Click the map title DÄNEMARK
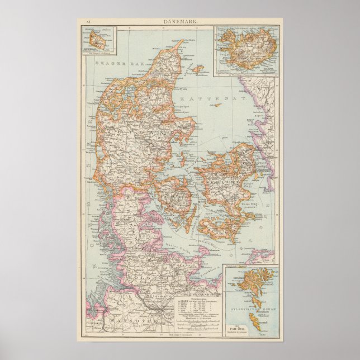click(180, 21)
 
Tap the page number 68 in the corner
click(88, 21)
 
